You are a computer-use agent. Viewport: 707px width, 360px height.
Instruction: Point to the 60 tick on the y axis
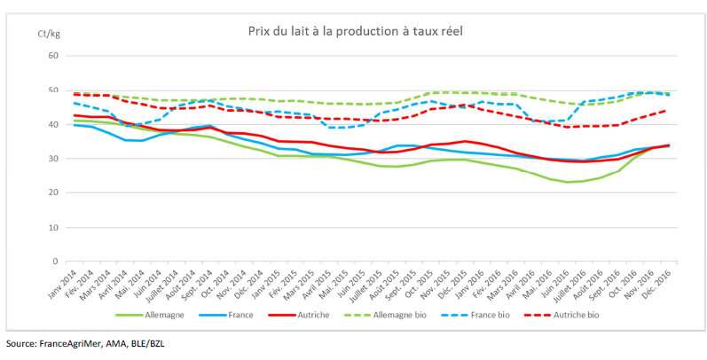52,56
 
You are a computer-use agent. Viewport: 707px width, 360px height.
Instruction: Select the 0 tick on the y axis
55,262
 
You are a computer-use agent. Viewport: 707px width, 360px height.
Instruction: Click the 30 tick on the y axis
52,159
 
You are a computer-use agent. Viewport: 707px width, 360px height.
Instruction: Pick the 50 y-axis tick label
52,90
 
